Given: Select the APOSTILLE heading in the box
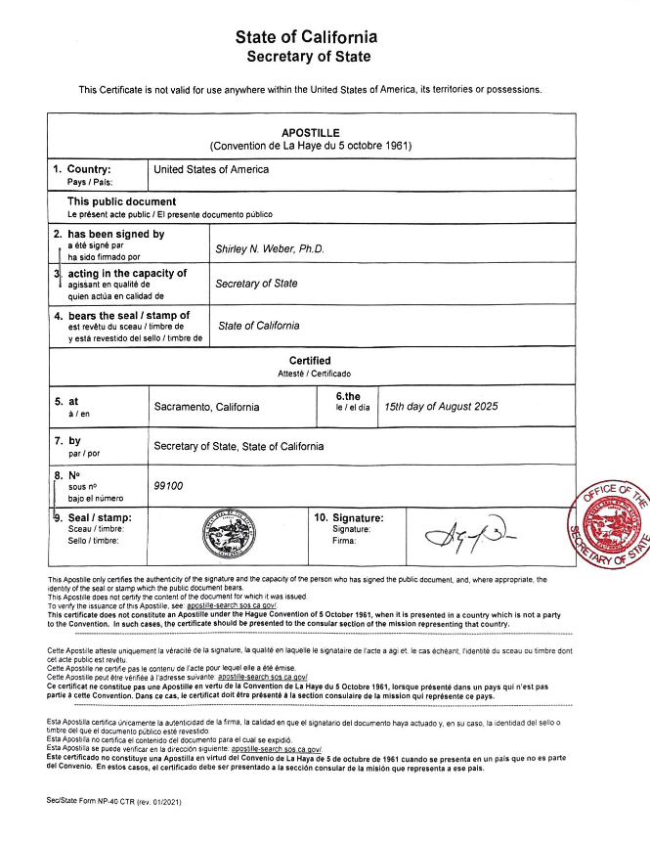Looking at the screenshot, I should tap(311, 130).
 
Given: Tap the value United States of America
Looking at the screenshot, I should tap(211, 169).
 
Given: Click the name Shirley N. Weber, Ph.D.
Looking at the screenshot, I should tap(269, 248).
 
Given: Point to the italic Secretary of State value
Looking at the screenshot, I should tap(256, 284).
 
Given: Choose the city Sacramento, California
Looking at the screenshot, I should tap(207, 406).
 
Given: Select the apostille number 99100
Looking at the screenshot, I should tap(169, 485).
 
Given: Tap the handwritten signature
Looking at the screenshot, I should tap(468, 534).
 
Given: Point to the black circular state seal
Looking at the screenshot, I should tap(229, 537).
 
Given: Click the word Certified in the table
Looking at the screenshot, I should tap(310, 361).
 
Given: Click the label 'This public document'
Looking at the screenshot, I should tap(121, 201).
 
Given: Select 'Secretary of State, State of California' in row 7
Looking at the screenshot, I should tap(238, 446).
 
